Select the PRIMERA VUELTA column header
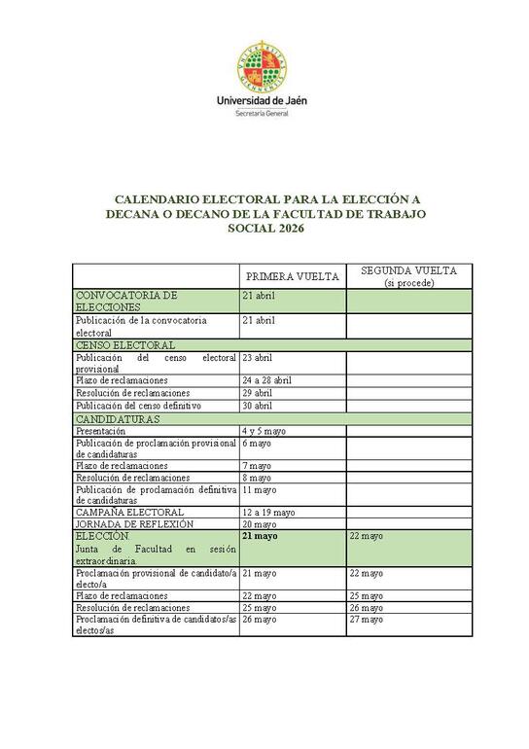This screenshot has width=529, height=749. click(292, 276)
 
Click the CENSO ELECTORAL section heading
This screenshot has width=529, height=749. click(125, 344)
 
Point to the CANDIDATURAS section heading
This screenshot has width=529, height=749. click(118, 418)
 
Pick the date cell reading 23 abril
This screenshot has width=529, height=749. click(258, 358)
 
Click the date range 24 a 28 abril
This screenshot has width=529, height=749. click(267, 380)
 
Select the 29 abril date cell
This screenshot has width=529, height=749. click(258, 393)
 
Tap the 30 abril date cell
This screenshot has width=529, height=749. click(258, 406)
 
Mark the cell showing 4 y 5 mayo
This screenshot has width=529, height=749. click(264, 430)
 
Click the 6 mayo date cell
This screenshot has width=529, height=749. click(257, 443)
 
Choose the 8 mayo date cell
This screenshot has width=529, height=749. click(257, 478)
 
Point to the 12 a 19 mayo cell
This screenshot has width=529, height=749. click(268, 512)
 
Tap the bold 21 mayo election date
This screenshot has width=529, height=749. click(260, 536)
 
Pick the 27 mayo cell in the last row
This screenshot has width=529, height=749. click(366, 619)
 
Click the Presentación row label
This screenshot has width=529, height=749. click(100, 430)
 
